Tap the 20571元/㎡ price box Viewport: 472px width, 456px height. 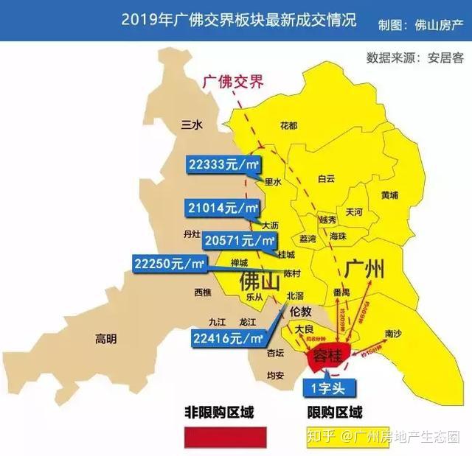[240, 240]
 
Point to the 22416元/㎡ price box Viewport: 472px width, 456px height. [228, 338]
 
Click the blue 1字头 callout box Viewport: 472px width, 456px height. [330, 387]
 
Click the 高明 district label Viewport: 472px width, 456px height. [105, 339]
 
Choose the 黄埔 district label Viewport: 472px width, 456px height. [389, 195]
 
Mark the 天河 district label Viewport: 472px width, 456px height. [354, 211]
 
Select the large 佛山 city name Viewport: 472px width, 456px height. [260, 281]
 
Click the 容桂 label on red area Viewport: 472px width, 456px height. [327, 357]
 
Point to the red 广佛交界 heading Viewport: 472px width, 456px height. [232, 82]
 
